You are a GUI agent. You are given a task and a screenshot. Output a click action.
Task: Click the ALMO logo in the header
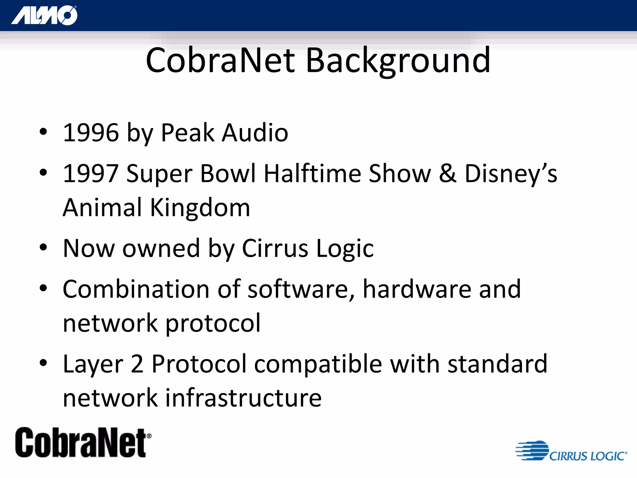(44, 15)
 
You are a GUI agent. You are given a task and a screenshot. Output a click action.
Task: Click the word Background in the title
(398, 60)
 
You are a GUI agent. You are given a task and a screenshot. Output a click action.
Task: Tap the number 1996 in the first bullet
(91, 133)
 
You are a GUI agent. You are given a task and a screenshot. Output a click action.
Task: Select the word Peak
(188, 133)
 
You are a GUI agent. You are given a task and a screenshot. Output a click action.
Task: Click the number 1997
(91, 174)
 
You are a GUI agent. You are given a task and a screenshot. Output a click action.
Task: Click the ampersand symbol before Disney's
(448, 174)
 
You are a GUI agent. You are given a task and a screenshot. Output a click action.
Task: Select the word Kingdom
(200, 208)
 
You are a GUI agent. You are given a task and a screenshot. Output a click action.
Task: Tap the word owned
(161, 249)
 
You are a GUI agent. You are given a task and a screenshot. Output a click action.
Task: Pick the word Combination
(136, 289)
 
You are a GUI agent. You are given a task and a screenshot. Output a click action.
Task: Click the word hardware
(417, 289)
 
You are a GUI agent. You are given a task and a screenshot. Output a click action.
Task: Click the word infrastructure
(243, 398)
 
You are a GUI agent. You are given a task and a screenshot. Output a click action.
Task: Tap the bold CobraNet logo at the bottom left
(83, 443)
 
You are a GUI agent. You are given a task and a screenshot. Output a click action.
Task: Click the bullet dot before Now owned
(43, 248)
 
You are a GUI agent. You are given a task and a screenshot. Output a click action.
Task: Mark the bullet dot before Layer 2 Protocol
(43, 363)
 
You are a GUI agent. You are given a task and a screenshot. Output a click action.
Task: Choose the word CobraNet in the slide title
(220, 60)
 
